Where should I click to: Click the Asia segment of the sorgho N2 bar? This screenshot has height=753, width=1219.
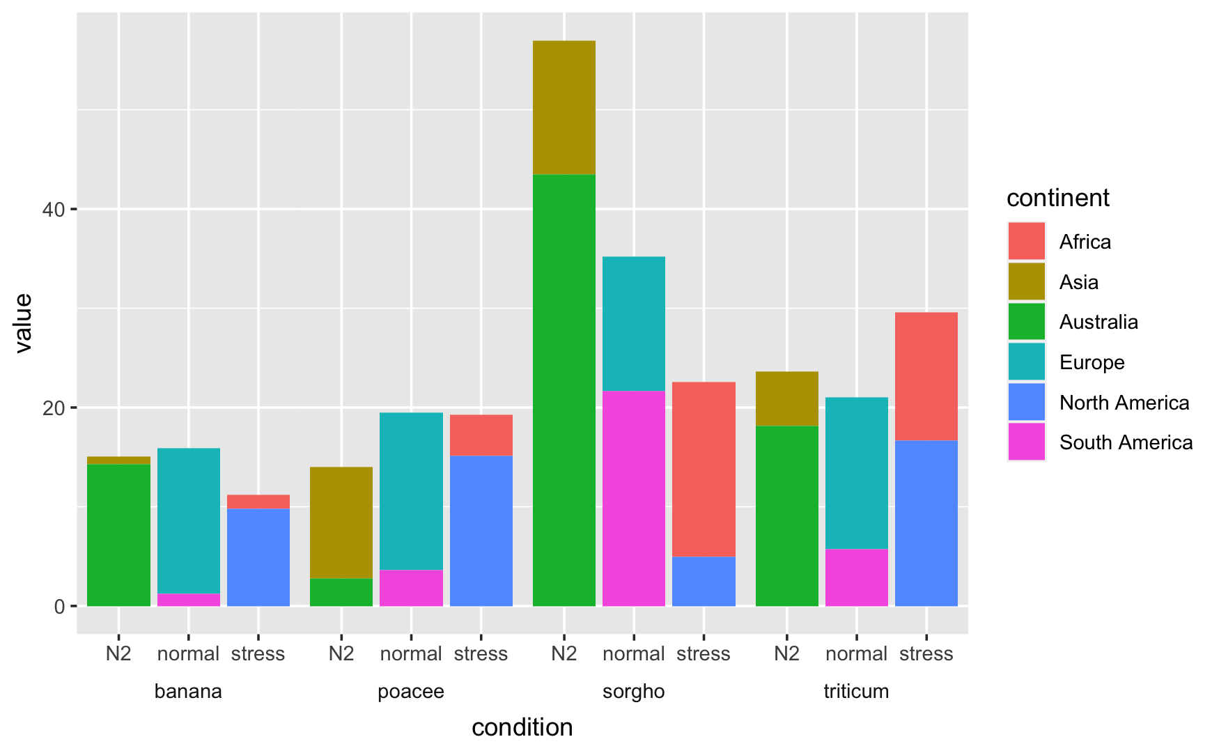pos(564,107)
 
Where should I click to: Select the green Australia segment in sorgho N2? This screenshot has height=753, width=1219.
pos(564,390)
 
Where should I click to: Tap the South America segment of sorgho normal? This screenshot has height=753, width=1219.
pos(633,498)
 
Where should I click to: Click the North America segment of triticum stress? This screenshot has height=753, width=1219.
pos(926,522)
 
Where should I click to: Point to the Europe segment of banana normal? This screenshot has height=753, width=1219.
pos(188,520)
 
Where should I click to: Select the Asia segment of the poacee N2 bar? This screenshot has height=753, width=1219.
pos(341,522)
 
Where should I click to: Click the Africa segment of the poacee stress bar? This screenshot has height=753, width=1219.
pos(481,435)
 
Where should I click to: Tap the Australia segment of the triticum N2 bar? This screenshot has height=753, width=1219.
pos(786,515)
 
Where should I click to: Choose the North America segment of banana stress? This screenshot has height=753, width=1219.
pos(258,557)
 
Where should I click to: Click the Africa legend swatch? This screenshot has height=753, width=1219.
pos(1026,241)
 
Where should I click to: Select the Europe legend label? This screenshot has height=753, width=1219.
pos(1092,362)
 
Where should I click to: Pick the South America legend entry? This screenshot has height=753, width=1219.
pos(1126,442)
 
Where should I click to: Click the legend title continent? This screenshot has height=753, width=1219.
pos(1057,199)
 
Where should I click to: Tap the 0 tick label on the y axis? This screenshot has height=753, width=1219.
pos(59,606)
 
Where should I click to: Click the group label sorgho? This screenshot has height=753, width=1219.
pos(633,692)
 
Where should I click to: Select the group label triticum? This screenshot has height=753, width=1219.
pos(856,692)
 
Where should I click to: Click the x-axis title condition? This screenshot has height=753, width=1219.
pos(522,727)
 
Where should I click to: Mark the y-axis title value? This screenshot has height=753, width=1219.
pos(24,323)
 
